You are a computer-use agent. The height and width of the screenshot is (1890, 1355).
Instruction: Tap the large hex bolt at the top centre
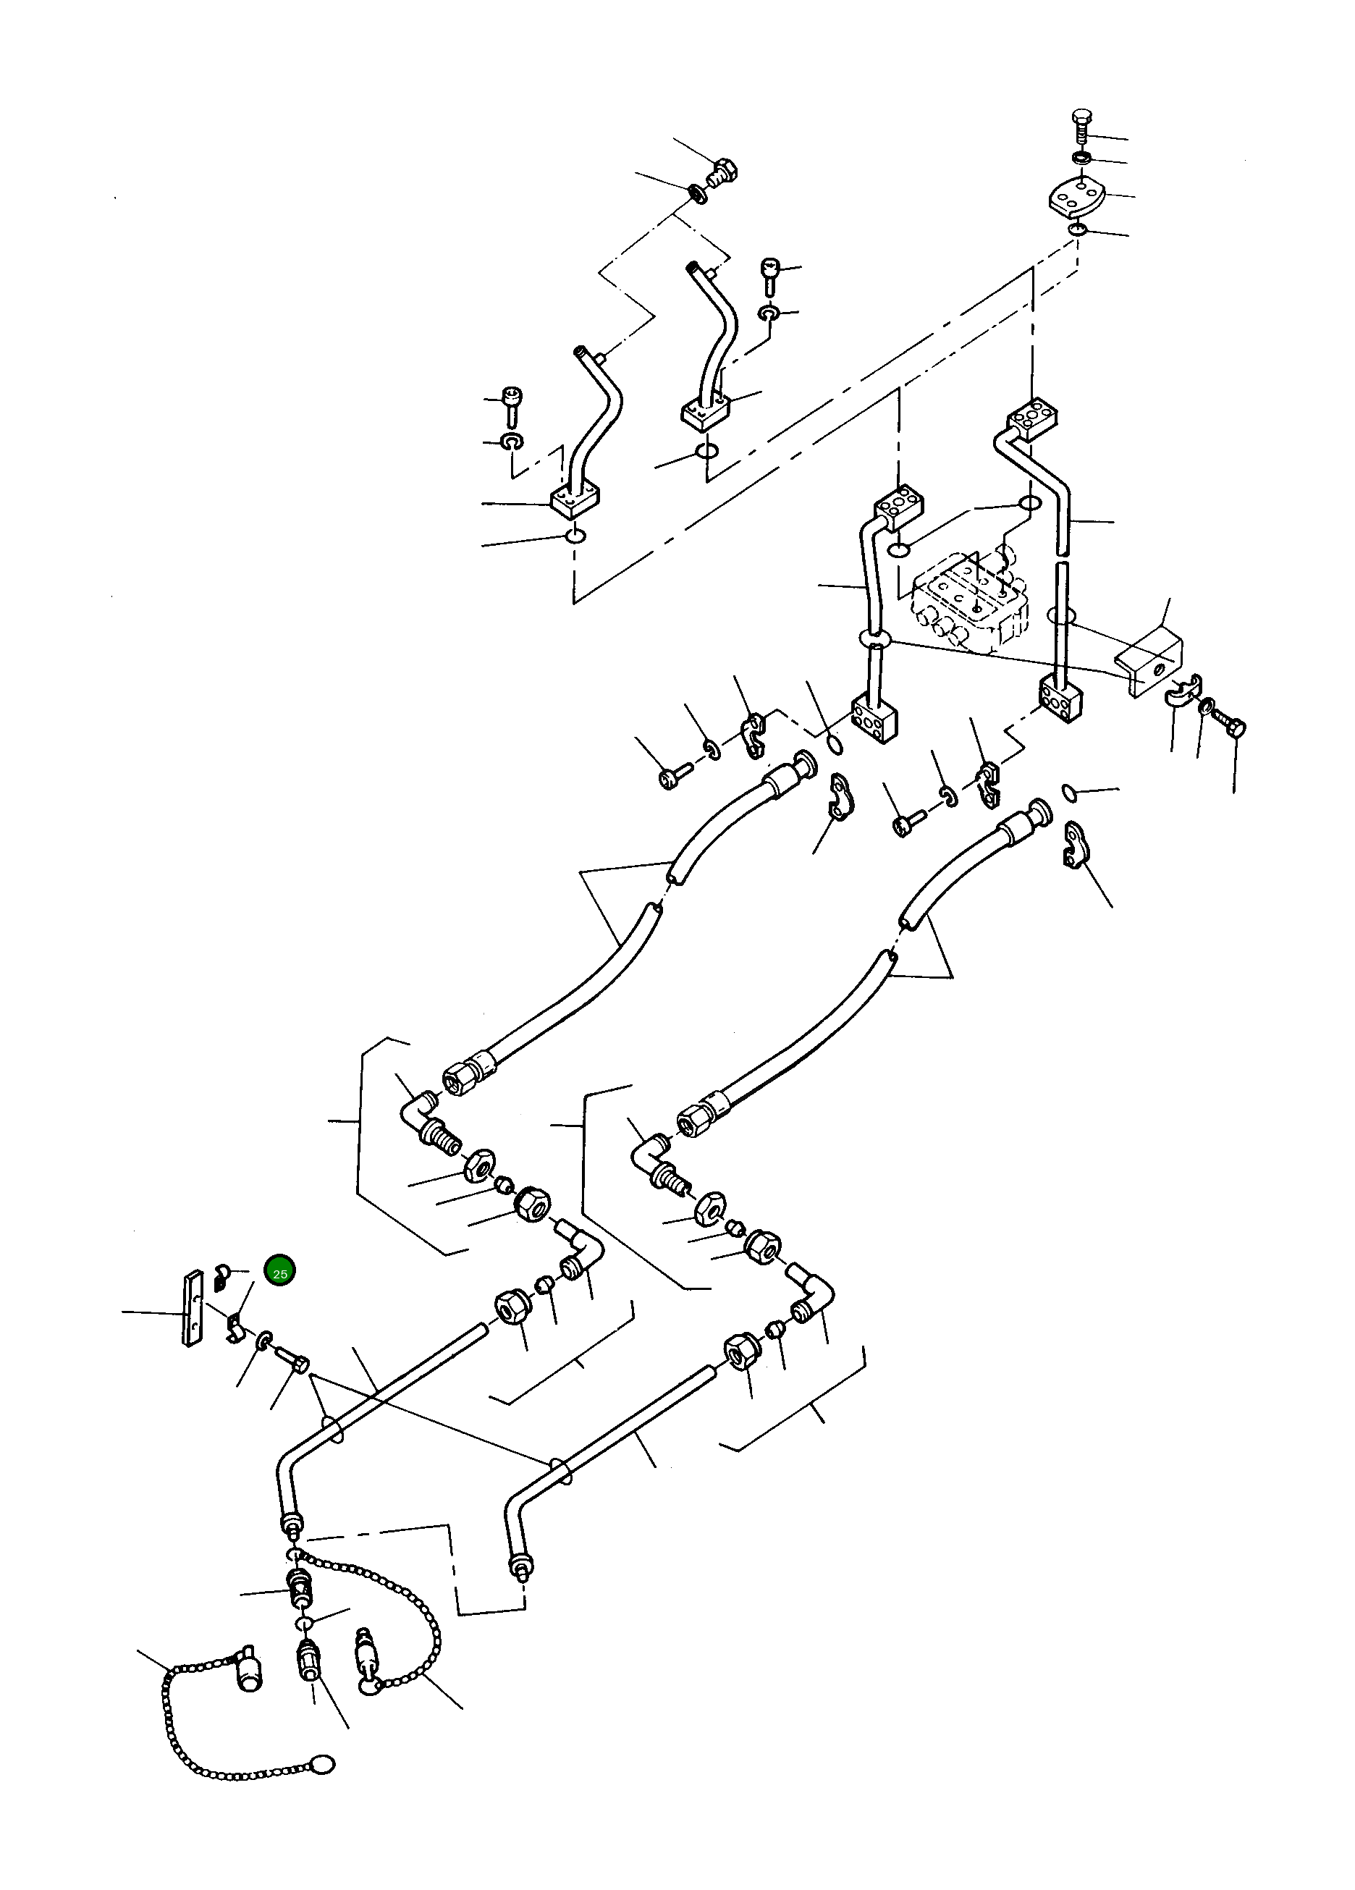pyautogui.click(x=722, y=172)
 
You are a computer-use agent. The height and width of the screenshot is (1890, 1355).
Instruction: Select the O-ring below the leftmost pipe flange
pyautogui.click(x=574, y=536)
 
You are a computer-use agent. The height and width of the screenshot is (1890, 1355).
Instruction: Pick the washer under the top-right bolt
pyautogui.click(x=1081, y=159)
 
